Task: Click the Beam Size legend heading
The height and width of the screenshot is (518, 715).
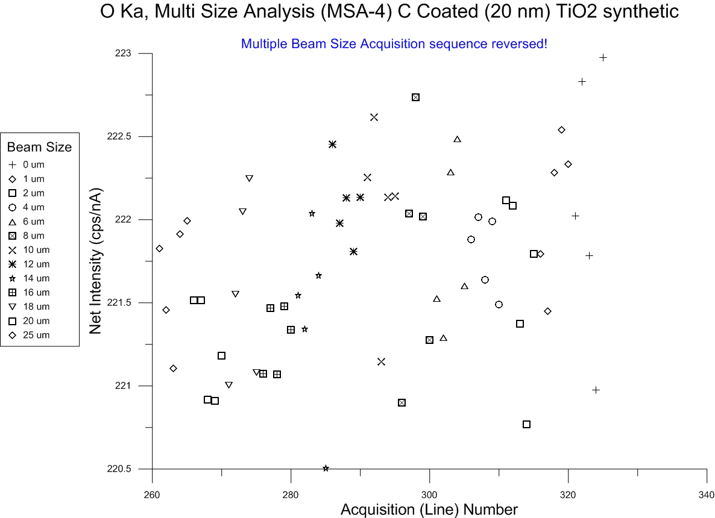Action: click(39, 147)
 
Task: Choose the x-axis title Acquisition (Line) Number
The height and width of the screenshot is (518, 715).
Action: click(429, 510)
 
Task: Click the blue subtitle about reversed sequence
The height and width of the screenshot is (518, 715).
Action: click(394, 44)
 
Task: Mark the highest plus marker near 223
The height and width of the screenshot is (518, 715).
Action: click(603, 57)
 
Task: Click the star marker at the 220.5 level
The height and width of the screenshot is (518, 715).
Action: click(326, 468)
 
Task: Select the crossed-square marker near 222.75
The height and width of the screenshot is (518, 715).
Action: click(415, 97)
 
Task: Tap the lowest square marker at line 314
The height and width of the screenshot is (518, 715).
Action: click(526, 424)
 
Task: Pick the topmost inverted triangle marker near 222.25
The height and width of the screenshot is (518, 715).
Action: click(249, 178)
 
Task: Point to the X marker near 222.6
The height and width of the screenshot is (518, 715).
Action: click(374, 117)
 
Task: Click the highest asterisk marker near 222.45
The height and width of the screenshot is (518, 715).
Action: click(332, 144)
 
